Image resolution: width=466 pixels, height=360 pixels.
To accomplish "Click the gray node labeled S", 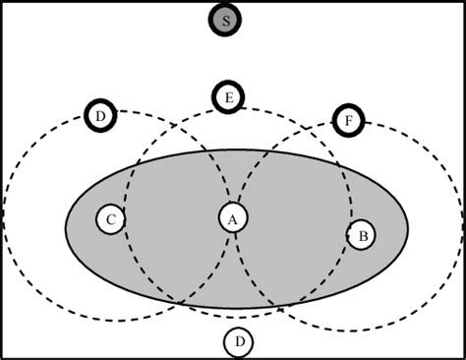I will point(226,20).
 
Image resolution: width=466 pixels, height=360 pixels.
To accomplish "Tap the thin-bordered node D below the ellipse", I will point(238,342).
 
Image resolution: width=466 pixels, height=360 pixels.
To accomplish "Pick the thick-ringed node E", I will point(228,96).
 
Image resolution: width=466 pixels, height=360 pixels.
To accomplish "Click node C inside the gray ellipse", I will point(111,219).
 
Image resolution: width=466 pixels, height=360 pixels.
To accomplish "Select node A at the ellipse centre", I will point(233,218).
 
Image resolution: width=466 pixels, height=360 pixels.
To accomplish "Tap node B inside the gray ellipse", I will point(363,235).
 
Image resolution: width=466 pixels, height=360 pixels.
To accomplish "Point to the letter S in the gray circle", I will point(226,20).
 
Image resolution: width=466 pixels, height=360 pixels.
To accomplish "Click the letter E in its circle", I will point(228,96).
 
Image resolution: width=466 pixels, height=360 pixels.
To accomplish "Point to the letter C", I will point(111,219).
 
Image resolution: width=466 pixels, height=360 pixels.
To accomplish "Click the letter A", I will point(233,218).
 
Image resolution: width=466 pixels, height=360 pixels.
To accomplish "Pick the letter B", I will point(363,235).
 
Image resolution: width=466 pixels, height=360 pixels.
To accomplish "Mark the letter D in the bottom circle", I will point(238,342).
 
